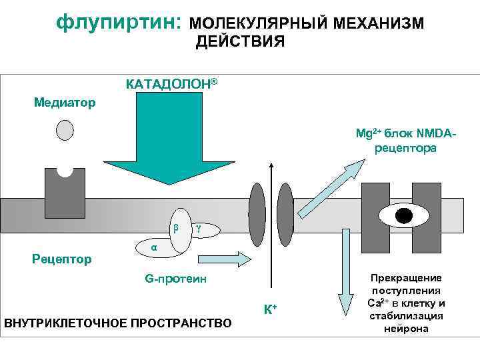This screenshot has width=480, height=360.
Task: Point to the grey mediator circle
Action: point(65,130)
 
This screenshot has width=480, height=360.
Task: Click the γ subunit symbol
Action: point(198,229)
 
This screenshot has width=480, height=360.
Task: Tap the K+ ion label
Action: point(270,309)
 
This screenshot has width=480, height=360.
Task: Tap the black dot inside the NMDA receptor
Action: point(403,215)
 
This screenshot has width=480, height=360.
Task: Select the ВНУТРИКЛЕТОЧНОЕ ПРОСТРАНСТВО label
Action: point(118,324)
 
